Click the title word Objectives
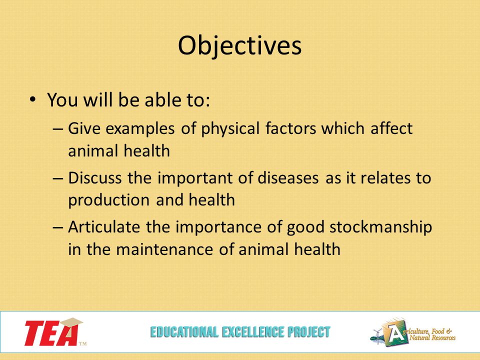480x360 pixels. pyautogui.click(x=239, y=46)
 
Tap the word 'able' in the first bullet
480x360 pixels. pyautogui.click(x=160, y=100)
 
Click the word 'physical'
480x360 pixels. pyautogui.click(x=230, y=129)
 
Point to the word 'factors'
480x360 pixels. pyautogui.click(x=290, y=128)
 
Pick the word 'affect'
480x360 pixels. pyautogui.click(x=391, y=128)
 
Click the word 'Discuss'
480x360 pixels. pyautogui.click(x=94, y=178)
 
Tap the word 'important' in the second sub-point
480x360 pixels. pyautogui.click(x=195, y=178)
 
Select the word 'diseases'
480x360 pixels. pyautogui.click(x=288, y=178)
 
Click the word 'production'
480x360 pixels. pyautogui.click(x=108, y=200)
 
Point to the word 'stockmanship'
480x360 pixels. pyautogui.click(x=380, y=227)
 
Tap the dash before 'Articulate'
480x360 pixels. pyautogui.click(x=58, y=227)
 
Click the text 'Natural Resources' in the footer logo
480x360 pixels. pyautogui.click(x=432, y=337)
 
